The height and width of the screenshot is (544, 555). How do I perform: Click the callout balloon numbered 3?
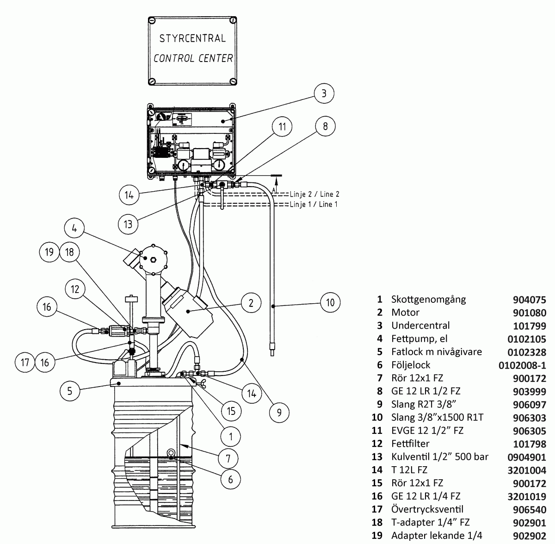tap(324, 93)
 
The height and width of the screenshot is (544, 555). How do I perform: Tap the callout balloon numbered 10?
tap(330, 303)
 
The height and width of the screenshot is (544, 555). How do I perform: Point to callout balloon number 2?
tap(251, 303)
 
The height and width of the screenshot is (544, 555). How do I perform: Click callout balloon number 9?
tap(279, 412)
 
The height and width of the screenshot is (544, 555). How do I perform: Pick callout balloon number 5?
tap(70, 391)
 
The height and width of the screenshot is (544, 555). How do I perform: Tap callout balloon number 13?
tap(128, 224)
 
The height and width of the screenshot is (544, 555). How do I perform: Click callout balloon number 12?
tap(75, 289)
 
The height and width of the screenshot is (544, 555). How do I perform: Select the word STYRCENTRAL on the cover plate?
tap(192, 38)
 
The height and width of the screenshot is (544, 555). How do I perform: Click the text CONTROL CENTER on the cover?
tap(193, 58)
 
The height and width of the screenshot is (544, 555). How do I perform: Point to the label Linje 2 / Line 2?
tap(314, 194)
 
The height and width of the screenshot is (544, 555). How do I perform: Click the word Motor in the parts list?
tap(405, 313)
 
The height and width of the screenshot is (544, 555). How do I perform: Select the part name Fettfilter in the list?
tap(410, 444)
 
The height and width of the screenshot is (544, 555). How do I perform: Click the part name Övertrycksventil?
tap(427, 509)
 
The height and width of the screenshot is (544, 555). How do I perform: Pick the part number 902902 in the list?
tap(530, 536)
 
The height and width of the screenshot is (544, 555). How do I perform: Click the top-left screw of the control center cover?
tap(152, 21)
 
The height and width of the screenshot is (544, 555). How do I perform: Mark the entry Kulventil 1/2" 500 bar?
tap(439, 456)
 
